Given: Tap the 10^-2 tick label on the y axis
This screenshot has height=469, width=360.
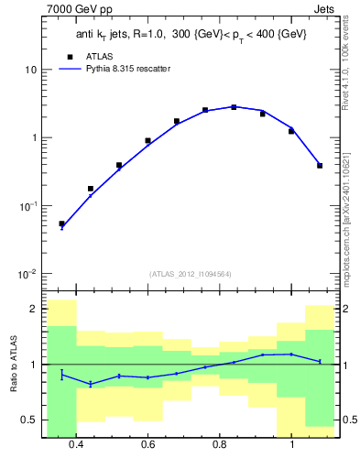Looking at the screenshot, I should pos(27,275).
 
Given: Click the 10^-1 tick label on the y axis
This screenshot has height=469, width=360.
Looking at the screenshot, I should pos(27,207).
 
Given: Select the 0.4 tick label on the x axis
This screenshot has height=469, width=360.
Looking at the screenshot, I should pos(76,444).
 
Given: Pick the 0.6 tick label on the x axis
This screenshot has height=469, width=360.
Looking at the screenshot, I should pos(147,444).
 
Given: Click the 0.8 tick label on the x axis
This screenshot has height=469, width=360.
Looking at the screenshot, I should pos(220,444).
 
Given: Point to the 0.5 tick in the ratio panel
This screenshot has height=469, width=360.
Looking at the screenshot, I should pos(30,420).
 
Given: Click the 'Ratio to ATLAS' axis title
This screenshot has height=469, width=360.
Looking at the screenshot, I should pos(11,365).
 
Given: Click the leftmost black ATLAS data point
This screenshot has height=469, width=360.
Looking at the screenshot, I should pos(61,224).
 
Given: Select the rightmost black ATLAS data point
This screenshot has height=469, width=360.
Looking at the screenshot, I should pos(320,166).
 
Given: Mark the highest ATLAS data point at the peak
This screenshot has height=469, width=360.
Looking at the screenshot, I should pos(234,107).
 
